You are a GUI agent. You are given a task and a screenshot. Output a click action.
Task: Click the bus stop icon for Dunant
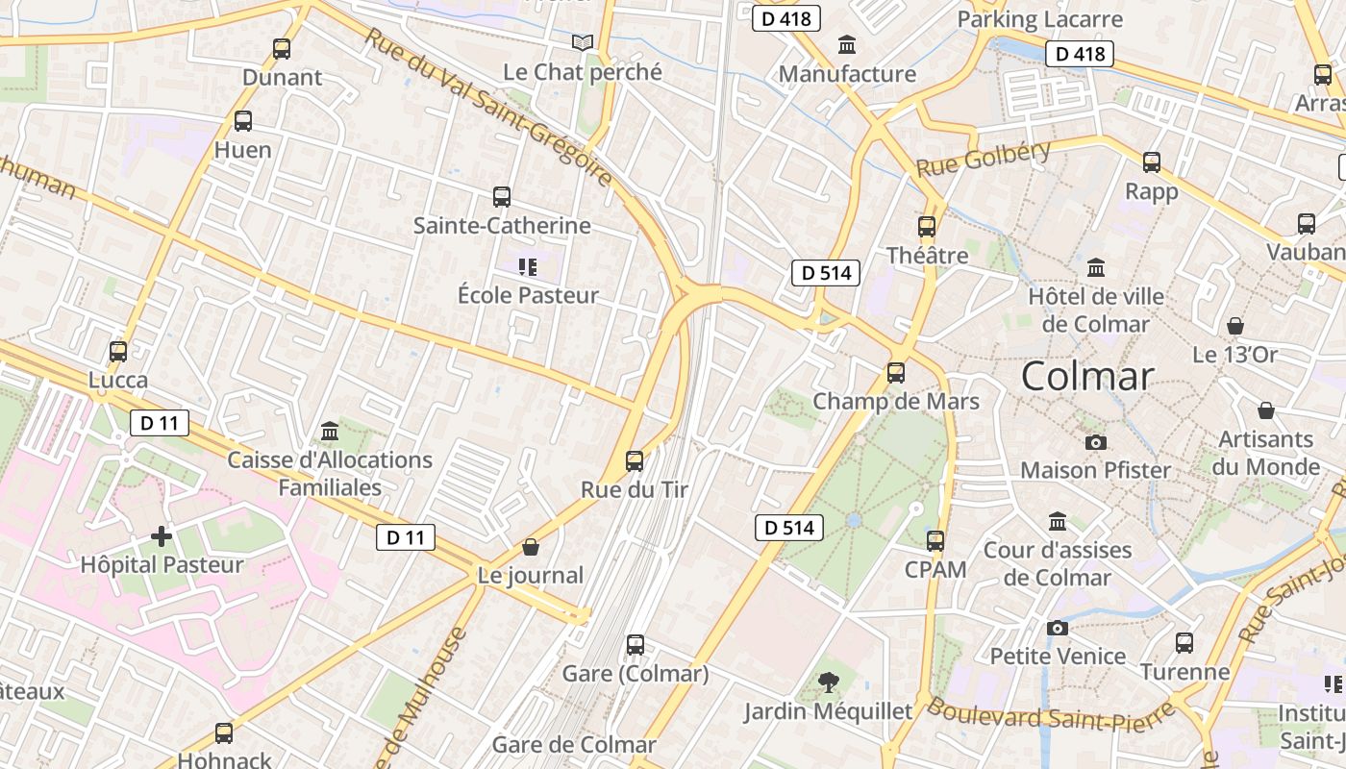tap(282, 48)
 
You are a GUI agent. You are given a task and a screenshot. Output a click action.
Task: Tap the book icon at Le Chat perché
tap(583, 42)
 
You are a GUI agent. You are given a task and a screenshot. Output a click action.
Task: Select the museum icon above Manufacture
tap(847, 44)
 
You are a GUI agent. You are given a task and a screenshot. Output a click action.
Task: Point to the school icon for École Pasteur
tap(527, 266)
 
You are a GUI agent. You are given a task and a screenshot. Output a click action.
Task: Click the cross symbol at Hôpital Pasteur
tap(162, 535)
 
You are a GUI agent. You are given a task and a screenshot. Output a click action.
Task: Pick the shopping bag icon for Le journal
tap(531, 547)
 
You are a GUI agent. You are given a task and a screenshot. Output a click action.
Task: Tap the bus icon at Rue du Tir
tap(635, 460)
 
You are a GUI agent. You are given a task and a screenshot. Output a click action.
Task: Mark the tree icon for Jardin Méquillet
tap(828, 682)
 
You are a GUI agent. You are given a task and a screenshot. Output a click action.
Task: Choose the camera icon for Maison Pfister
tap(1095, 442)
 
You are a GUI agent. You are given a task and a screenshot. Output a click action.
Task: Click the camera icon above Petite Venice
tap(1058, 628)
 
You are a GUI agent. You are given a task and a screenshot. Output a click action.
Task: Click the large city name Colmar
tap(1087, 375)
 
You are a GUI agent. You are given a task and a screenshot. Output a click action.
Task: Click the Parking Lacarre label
tap(1040, 19)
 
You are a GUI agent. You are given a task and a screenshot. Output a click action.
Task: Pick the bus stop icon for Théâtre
tap(927, 227)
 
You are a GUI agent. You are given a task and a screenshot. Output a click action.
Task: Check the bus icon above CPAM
tap(935, 540)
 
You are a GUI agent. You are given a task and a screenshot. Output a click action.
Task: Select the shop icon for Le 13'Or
tap(1235, 326)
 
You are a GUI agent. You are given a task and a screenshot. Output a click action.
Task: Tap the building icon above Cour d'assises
tap(1058, 521)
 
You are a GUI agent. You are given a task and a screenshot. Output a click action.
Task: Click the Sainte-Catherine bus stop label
tap(502, 226)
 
